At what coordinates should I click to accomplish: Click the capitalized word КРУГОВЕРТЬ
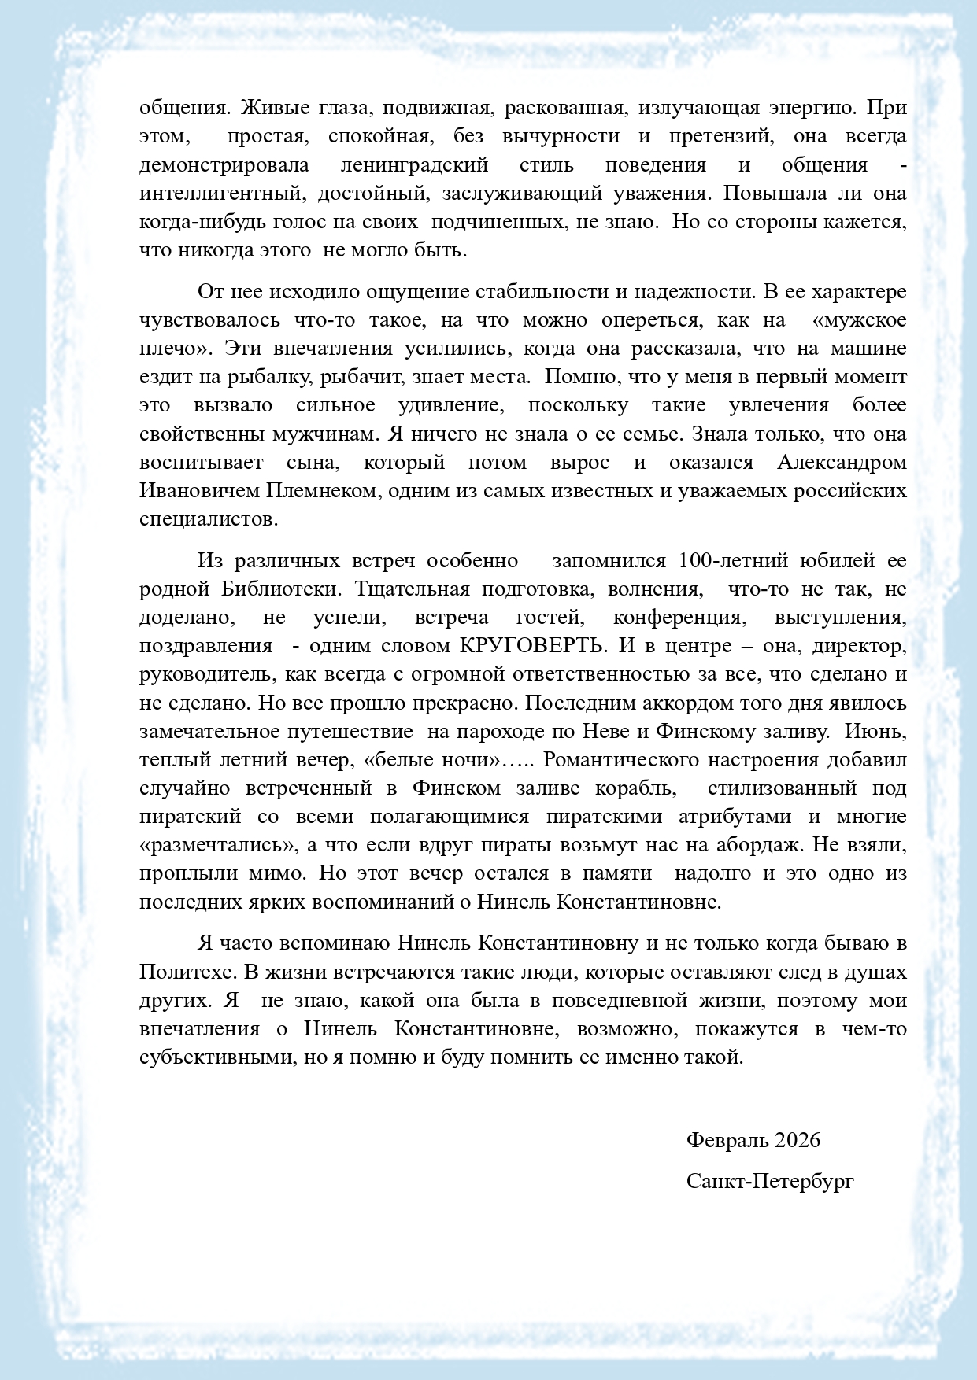coord(533,646)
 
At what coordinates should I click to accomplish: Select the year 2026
coord(798,1140)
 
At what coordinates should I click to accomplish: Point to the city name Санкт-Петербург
coord(770,1181)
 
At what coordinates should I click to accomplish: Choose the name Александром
coord(842,463)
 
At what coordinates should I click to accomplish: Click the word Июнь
coord(875,731)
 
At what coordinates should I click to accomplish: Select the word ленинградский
coord(414,165)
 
